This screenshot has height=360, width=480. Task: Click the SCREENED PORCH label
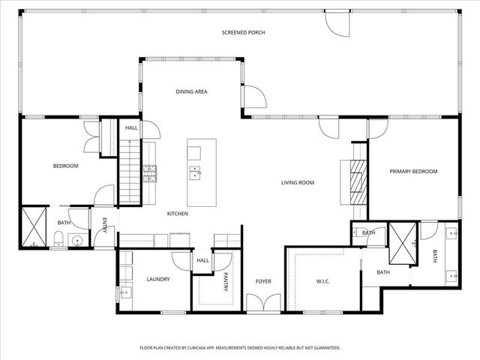pos(244,32)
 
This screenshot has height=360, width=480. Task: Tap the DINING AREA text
pos(191,91)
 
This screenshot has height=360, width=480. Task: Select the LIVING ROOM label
pos(297,182)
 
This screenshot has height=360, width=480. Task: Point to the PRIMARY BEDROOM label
pos(413,172)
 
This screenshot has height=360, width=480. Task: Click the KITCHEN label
pos(177,214)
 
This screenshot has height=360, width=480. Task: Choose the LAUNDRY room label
pos(158,279)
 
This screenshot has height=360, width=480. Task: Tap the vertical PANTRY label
pos(224,283)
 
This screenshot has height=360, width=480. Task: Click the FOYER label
pos(262,281)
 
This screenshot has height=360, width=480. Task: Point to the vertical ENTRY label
pos(105,224)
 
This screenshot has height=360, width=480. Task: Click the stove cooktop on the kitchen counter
pos(150,174)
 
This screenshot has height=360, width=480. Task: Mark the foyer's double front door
pos(263,303)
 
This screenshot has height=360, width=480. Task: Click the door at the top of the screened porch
pos(337,22)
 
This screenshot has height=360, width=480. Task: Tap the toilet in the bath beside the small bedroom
pos(58,240)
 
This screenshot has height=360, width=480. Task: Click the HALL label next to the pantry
pos(202,260)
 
